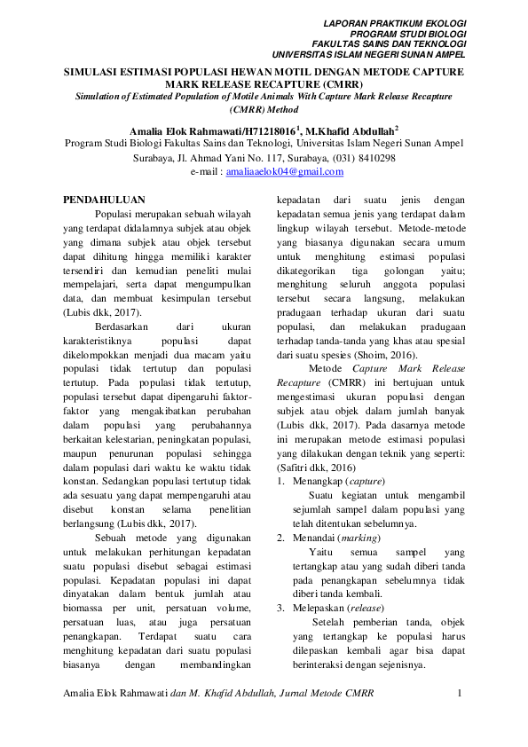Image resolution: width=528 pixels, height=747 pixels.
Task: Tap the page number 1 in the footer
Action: [x=460, y=691]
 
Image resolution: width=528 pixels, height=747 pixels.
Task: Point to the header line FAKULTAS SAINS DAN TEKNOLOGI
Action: [x=390, y=43]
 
